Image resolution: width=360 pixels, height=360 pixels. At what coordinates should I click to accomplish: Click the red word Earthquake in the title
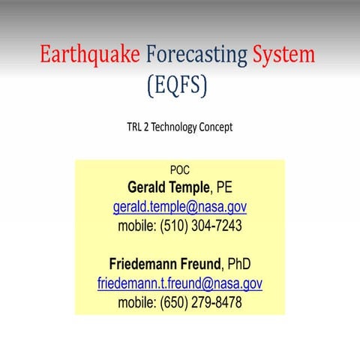[x=89, y=55]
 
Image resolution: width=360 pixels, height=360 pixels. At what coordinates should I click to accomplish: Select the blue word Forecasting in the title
[x=196, y=55]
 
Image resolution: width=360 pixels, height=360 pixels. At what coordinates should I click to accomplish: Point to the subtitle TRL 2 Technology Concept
[x=179, y=127]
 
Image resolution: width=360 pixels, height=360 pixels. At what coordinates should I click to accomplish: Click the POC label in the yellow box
[x=180, y=170]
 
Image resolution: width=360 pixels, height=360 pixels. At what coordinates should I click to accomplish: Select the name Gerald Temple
[x=169, y=187]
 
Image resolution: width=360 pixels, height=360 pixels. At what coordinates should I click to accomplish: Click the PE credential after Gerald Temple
[x=225, y=187]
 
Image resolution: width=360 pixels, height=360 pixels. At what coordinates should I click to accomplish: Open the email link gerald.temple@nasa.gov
[x=180, y=206]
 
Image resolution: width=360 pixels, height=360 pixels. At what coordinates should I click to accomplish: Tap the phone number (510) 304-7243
[x=201, y=225]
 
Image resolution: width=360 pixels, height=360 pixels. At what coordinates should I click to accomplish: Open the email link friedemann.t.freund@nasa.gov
[x=180, y=283]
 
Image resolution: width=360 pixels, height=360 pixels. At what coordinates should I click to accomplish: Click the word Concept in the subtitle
[x=215, y=127]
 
